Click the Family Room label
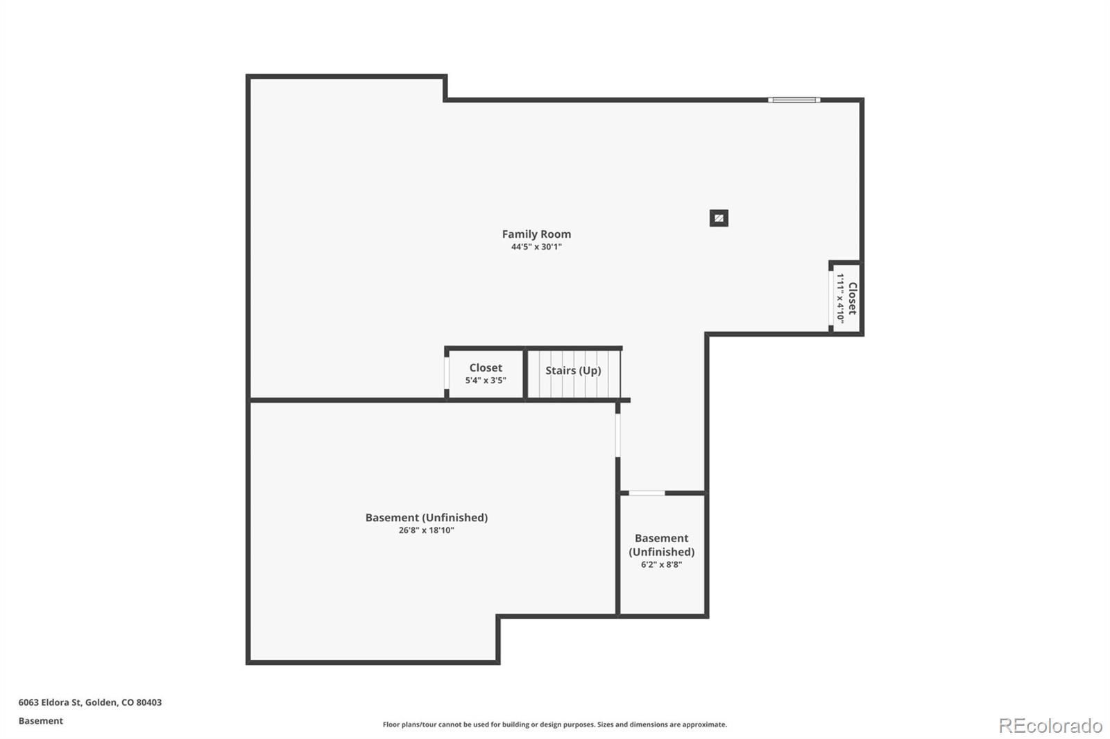(536, 234)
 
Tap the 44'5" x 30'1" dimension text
(536, 247)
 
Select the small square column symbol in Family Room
(719, 218)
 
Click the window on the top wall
(794, 101)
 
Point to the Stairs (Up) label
(573, 370)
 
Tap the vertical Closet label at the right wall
(853, 298)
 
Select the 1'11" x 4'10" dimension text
(840, 298)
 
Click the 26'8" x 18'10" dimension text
(426, 530)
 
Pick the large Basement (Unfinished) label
(426, 518)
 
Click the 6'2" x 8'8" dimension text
(661, 565)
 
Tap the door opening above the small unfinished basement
(647, 493)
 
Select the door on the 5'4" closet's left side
(447, 374)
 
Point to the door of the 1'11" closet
(831, 298)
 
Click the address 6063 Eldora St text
(89, 702)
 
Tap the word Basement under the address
(40, 721)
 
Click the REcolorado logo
(1050, 726)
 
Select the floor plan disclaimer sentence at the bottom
(554, 724)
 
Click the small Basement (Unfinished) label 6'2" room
(661, 545)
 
